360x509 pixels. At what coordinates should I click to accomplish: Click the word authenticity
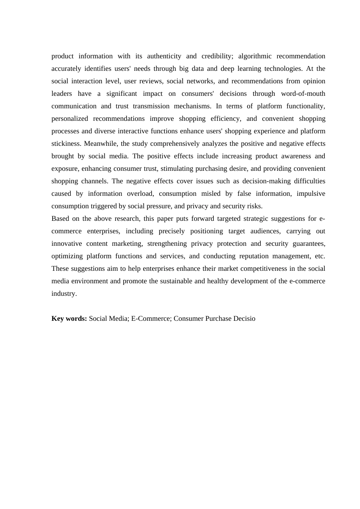pos(164,56)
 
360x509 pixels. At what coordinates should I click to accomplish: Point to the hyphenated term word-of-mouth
pos(303,94)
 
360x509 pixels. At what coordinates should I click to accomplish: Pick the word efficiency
pos(225,119)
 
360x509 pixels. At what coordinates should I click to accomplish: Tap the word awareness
pos(294,156)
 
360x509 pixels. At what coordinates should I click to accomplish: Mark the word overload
pos(140,194)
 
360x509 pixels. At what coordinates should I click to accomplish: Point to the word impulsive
pos(311,194)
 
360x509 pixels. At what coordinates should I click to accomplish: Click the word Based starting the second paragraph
pos(60,219)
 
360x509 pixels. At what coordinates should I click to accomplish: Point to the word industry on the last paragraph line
pos(64,294)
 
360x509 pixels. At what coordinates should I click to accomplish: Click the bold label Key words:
pos(69,319)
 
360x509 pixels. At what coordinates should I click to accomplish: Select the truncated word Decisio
pos(242,319)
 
